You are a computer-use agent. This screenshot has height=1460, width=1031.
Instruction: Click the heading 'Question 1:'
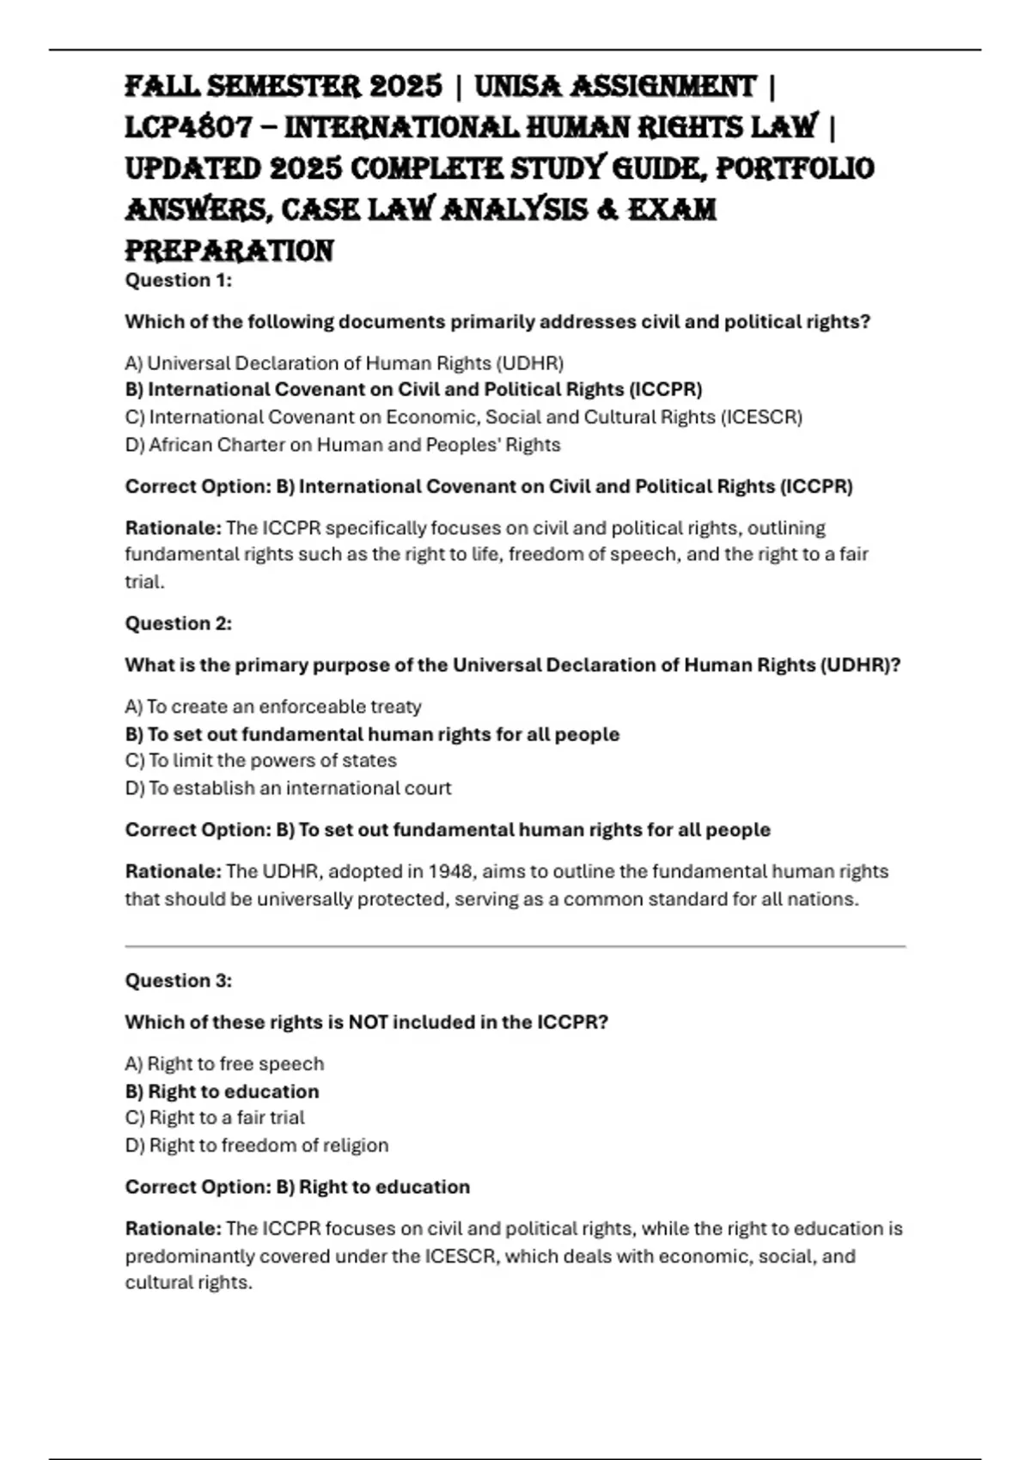[x=179, y=280]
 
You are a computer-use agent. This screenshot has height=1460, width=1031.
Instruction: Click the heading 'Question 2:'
[x=179, y=624]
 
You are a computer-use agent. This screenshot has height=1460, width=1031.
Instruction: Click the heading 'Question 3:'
[x=179, y=981]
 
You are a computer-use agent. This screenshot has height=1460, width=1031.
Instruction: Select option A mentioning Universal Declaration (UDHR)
[x=345, y=363]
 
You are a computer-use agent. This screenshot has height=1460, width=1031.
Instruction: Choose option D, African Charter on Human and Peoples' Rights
[x=343, y=445]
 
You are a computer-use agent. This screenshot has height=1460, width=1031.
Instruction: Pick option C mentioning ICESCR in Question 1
[x=464, y=417]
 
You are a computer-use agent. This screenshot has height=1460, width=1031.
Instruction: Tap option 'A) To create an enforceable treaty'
[x=273, y=707]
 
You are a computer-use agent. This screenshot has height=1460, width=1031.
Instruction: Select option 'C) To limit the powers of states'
[x=261, y=761]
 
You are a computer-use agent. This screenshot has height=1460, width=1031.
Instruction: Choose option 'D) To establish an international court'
[x=288, y=788]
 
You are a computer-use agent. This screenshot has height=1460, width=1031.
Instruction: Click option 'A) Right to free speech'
[x=224, y=1064]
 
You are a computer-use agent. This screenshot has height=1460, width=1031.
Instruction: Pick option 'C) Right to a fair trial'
[x=215, y=1118]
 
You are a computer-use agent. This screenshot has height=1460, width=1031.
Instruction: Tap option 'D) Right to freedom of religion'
[x=257, y=1146]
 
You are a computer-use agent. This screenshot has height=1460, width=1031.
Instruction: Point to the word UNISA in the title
[x=518, y=87]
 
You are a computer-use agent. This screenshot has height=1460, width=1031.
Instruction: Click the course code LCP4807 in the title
[x=189, y=128]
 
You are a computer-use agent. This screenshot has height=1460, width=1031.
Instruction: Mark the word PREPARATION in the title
[x=229, y=251]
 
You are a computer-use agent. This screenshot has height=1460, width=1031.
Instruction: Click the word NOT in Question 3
[x=367, y=1023]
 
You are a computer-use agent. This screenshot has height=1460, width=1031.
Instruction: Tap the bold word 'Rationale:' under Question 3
[x=174, y=1229]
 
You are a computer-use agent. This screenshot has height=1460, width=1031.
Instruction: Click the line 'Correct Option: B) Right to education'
[x=297, y=1187]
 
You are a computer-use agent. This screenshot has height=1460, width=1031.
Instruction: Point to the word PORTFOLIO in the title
[x=795, y=168]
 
